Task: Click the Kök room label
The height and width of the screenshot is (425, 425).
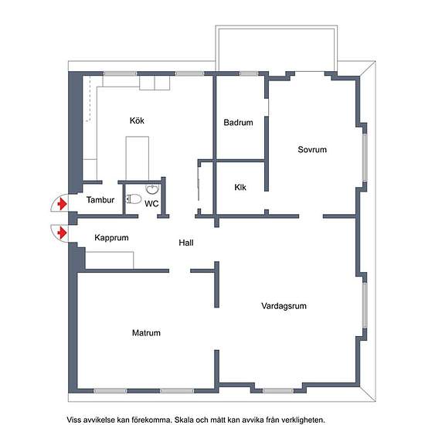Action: (x=137, y=121)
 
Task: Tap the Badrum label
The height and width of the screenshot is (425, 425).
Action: (x=238, y=122)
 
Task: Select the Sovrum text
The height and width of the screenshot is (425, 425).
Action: (x=312, y=149)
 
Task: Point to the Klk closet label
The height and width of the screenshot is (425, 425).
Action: (x=240, y=187)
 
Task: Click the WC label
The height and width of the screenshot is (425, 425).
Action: (x=151, y=203)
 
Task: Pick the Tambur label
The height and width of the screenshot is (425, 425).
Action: (x=100, y=200)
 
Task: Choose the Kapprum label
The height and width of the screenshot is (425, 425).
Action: (x=111, y=238)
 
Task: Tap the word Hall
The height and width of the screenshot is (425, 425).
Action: (x=186, y=243)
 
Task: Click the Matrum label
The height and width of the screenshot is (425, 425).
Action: (x=146, y=332)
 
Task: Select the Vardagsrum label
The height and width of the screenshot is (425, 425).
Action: (x=284, y=306)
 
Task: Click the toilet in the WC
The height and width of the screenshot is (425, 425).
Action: (x=134, y=199)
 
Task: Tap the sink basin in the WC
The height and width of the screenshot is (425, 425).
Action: (x=152, y=189)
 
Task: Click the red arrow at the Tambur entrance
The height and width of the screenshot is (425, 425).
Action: (x=63, y=203)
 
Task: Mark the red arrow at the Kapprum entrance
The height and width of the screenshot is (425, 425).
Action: (x=63, y=233)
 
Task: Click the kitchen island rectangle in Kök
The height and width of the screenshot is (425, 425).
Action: (x=137, y=158)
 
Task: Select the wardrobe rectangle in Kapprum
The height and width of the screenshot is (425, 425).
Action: (x=110, y=260)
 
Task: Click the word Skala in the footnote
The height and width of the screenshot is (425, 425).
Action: (x=184, y=420)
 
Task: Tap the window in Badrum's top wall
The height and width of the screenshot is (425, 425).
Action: (x=249, y=73)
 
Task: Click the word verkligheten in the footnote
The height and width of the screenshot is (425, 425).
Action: (x=302, y=420)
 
